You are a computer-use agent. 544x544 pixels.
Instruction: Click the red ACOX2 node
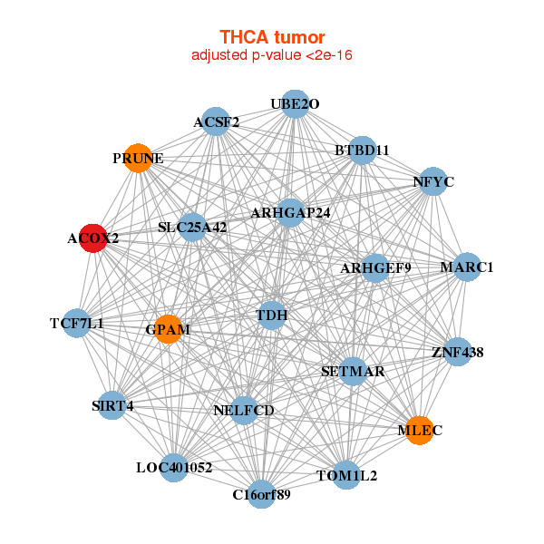tap(92, 238)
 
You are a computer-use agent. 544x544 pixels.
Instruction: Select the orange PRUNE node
tap(138, 157)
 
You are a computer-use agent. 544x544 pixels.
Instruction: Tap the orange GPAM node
tap(168, 329)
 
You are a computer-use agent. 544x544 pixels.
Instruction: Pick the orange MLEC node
tap(418, 431)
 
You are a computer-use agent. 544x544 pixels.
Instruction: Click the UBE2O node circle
tap(295, 104)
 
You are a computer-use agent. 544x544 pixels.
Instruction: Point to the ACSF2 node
tap(216, 121)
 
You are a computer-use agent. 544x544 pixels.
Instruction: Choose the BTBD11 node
tap(362, 150)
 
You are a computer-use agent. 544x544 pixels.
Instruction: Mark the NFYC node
tap(432, 181)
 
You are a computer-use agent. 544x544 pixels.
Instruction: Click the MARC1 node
tap(467, 267)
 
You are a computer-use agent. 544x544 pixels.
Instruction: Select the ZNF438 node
tap(457, 351)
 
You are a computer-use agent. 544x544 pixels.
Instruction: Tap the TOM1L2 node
tap(346, 474)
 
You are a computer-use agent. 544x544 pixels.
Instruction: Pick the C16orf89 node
tap(261, 494)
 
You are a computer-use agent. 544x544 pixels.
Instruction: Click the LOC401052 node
tap(174, 468)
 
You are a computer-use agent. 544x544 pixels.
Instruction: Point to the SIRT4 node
tap(112, 405)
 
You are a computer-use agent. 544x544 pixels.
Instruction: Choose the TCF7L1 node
tap(76, 323)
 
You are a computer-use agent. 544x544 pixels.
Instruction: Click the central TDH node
tap(272, 316)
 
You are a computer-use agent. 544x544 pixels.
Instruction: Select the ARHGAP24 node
tap(290, 213)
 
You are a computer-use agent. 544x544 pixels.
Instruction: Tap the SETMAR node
tap(354, 372)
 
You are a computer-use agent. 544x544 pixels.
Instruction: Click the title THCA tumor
tap(272, 37)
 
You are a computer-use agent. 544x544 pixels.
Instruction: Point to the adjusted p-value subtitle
tap(272, 55)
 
